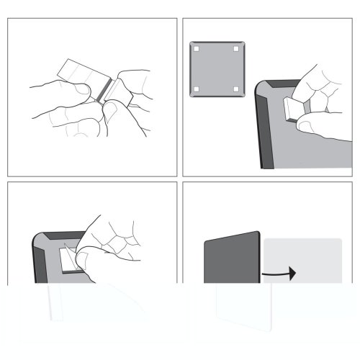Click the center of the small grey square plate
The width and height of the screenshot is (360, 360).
[216, 69]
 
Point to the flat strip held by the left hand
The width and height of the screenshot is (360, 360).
[78, 72]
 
